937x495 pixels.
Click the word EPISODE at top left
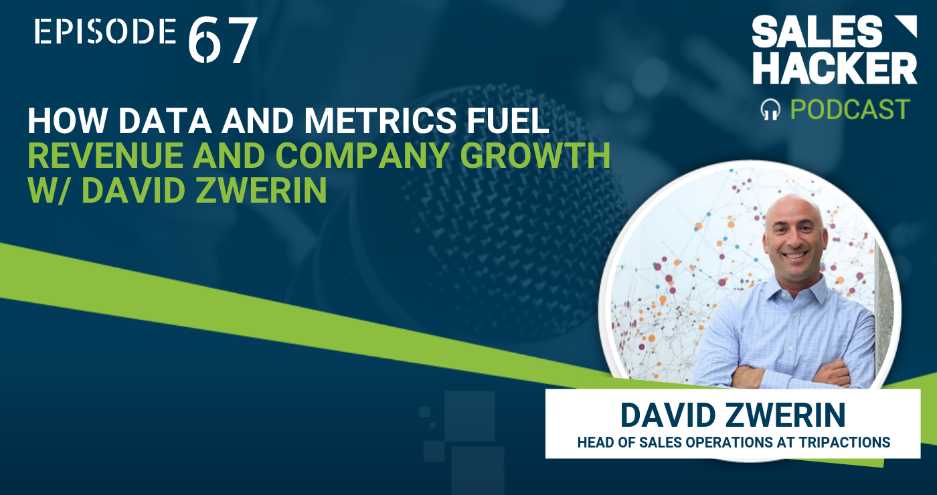pos(105,31)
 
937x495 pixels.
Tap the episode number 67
pos(222,40)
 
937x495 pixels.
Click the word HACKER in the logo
pos(835,68)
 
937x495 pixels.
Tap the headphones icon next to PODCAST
pos(770,110)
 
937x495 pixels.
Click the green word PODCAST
pos(850,110)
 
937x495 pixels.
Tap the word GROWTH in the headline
pos(535,155)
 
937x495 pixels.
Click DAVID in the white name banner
pos(668,415)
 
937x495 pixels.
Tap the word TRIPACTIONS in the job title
pos(845,442)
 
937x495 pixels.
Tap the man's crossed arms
pos(790,372)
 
